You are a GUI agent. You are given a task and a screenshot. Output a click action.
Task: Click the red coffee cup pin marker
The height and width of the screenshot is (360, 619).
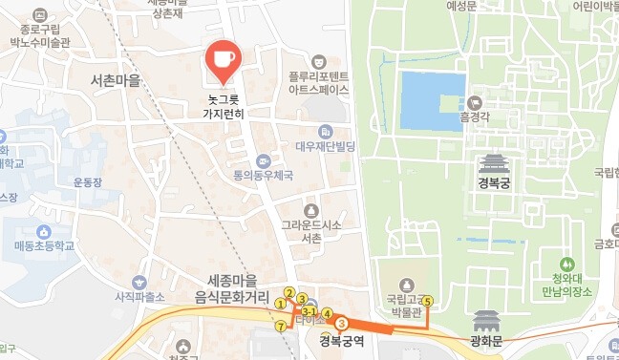coord(224,58)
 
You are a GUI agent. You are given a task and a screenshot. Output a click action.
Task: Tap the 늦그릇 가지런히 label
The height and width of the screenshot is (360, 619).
coord(224,105)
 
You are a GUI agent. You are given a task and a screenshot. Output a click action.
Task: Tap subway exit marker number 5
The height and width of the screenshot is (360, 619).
coord(427,301)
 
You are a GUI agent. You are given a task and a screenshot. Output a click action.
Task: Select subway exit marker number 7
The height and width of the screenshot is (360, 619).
coord(280,327)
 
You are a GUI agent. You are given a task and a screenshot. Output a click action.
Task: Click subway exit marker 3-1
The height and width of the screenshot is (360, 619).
coord(309,312)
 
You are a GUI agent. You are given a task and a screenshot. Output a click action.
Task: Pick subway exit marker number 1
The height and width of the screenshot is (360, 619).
coord(280,304)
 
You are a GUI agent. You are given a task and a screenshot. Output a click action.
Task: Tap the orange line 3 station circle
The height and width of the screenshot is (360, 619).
coord(341,324)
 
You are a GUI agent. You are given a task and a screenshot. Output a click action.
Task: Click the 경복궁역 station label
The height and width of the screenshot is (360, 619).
coord(342,341)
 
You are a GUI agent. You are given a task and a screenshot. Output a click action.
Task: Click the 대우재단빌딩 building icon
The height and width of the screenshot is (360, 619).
coord(326,132)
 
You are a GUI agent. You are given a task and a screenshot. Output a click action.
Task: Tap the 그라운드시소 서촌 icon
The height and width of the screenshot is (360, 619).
coord(310,210)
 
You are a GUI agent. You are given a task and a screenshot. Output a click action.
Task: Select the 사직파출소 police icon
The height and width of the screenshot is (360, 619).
coord(140,282)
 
